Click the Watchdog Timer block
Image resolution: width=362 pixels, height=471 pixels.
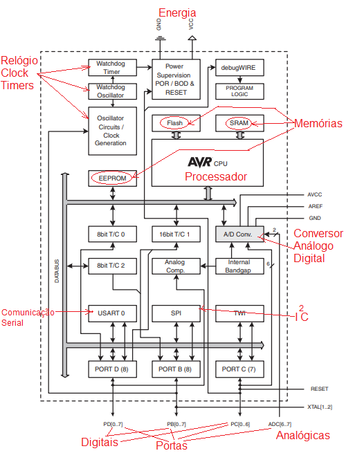pyautogui.click(x=112, y=68)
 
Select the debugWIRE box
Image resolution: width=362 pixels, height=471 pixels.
pyautogui.click(x=239, y=68)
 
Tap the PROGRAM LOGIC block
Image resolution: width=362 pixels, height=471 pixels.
pyautogui.click(x=239, y=91)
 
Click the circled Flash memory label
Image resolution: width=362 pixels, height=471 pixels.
pyautogui.click(x=174, y=123)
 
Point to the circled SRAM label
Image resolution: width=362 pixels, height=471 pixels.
pyautogui.click(x=239, y=123)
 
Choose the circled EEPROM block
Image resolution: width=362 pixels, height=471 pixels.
pyautogui.click(x=112, y=178)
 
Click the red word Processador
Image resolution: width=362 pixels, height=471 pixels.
pyautogui.click(x=216, y=176)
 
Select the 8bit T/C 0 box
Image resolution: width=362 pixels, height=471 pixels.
pyautogui.click(x=112, y=234)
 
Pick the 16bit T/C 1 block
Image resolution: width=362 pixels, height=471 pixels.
pyautogui.click(x=176, y=234)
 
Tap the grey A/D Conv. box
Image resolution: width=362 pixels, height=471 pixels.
pyautogui.click(x=239, y=234)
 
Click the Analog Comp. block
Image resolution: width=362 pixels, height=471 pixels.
pyautogui.click(x=176, y=266)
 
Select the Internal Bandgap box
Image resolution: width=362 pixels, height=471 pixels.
pyautogui.click(x=239, y=266)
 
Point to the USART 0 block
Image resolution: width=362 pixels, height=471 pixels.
pyautogui.click(x=112, y=313)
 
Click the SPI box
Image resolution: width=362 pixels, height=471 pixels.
pyautogui.click(x=176, y=313)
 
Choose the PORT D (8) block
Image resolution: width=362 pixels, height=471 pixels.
pyautogui.click(x=112, y=369)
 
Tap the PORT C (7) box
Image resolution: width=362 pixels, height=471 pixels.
pyautogui.click(x=239, y=369)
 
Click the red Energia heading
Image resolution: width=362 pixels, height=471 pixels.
pyautogui.click(x=177, y=13)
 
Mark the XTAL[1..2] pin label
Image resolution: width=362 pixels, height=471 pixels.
pyautogui.click(x=320, y=407)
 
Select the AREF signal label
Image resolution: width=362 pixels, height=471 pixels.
pyautogui.click(x=316, y=206)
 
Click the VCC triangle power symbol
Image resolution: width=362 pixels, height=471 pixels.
pyautogui.click(x=192, y=38)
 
